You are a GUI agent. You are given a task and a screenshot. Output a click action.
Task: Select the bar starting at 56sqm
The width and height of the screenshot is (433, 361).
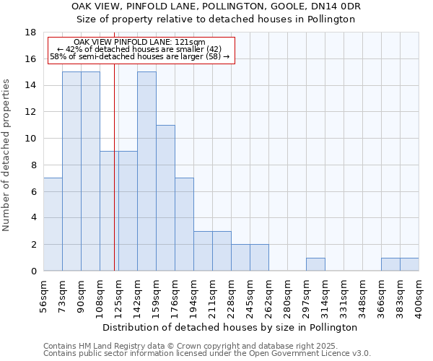[x=53, y=225]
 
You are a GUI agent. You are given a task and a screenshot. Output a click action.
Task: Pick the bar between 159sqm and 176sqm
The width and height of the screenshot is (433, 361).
[x=165, y=198]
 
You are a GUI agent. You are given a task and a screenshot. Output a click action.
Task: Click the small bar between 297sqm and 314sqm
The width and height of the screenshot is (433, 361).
[x=315, y=264]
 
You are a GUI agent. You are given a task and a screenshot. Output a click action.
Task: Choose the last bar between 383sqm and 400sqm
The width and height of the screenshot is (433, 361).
[x=409, y=264]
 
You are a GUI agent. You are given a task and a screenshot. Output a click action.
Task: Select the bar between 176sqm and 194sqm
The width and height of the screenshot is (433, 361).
[x=184, y=225]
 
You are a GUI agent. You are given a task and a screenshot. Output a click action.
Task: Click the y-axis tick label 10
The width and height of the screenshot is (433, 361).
[x=30, y=139]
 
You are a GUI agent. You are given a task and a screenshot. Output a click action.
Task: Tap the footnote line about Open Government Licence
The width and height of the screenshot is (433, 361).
[x=207, y=354]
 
